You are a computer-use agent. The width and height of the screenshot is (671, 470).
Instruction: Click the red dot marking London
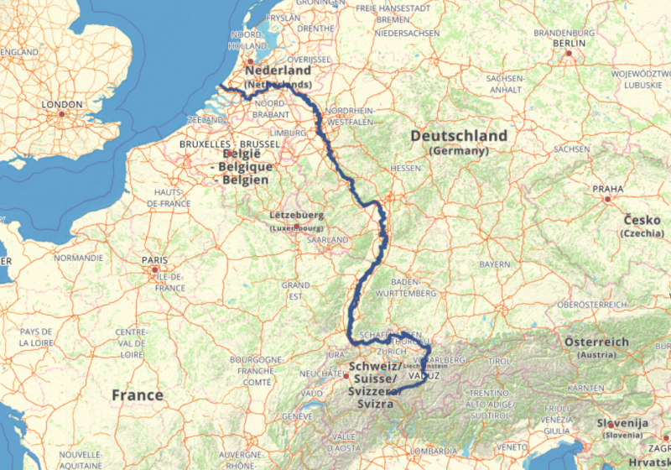pos(63,114)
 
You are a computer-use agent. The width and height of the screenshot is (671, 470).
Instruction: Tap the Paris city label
pos(154,259)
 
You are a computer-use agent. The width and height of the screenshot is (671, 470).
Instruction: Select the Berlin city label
pos(569,43)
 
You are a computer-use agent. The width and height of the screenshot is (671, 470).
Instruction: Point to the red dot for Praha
pos(608,200)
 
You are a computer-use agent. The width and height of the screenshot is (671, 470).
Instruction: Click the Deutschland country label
pos(459,136)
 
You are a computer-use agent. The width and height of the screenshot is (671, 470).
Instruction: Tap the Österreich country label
pos(596,342)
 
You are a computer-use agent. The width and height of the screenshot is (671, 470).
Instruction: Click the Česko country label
pos(642,220)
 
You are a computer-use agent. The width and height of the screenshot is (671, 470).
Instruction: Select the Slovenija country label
pos(623,423)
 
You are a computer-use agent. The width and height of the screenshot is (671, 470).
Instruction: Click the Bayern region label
pos(495,264)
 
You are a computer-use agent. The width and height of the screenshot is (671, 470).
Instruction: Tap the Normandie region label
pos(78,258)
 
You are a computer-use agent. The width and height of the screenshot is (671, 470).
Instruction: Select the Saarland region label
pos(327,239)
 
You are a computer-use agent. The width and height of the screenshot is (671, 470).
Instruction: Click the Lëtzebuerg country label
pos(296,215)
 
